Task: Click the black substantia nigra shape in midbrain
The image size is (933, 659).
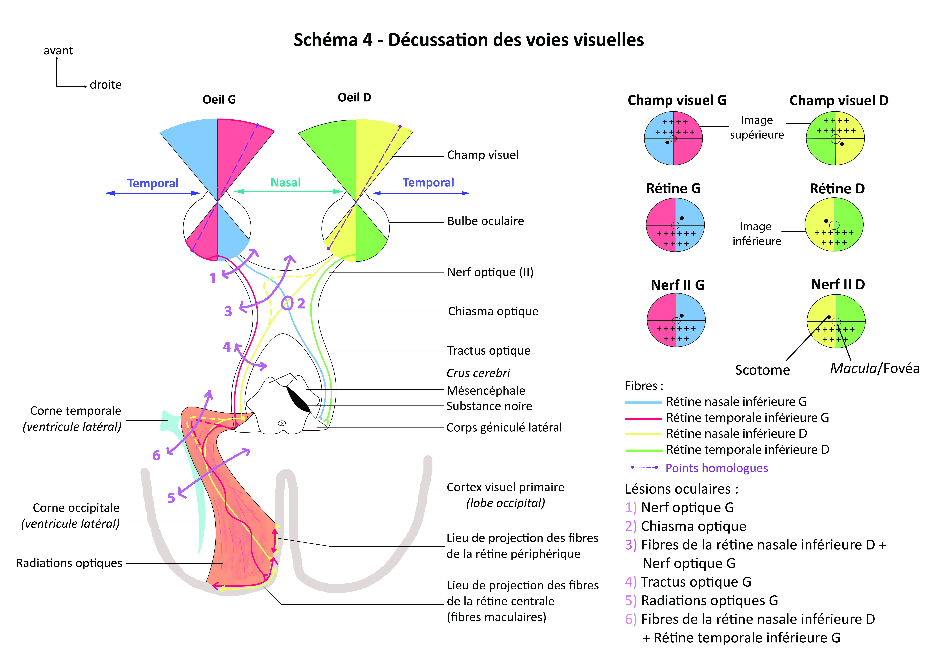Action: [299, 399]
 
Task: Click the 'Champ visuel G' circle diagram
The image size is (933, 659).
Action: [673, 138]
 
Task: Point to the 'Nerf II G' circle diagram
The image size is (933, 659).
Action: [676, 320]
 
